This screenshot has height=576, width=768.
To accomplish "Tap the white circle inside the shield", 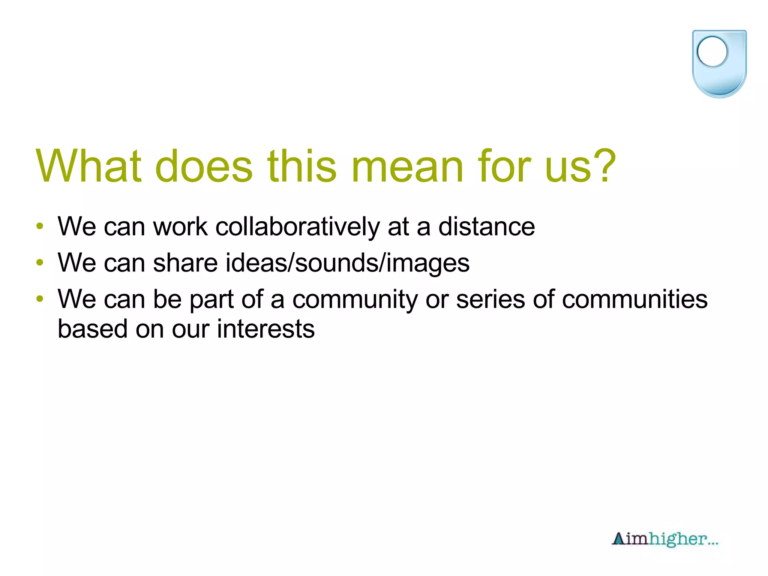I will click(712, 52).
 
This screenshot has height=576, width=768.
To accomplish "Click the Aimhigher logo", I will click(665, 539).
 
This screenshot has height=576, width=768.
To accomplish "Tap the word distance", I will click(486, 227).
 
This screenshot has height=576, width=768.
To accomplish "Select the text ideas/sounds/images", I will click(347, 263).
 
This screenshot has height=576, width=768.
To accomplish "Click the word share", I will click(185, 263).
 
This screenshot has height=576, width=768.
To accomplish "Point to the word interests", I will click(266, 329).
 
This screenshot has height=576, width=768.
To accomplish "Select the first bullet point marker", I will click(40, 226).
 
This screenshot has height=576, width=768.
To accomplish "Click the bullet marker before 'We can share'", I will click(40, 262).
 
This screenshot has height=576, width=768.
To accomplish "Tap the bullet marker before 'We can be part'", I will click(40, 299).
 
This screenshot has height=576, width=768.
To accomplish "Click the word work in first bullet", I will click(180, 227).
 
